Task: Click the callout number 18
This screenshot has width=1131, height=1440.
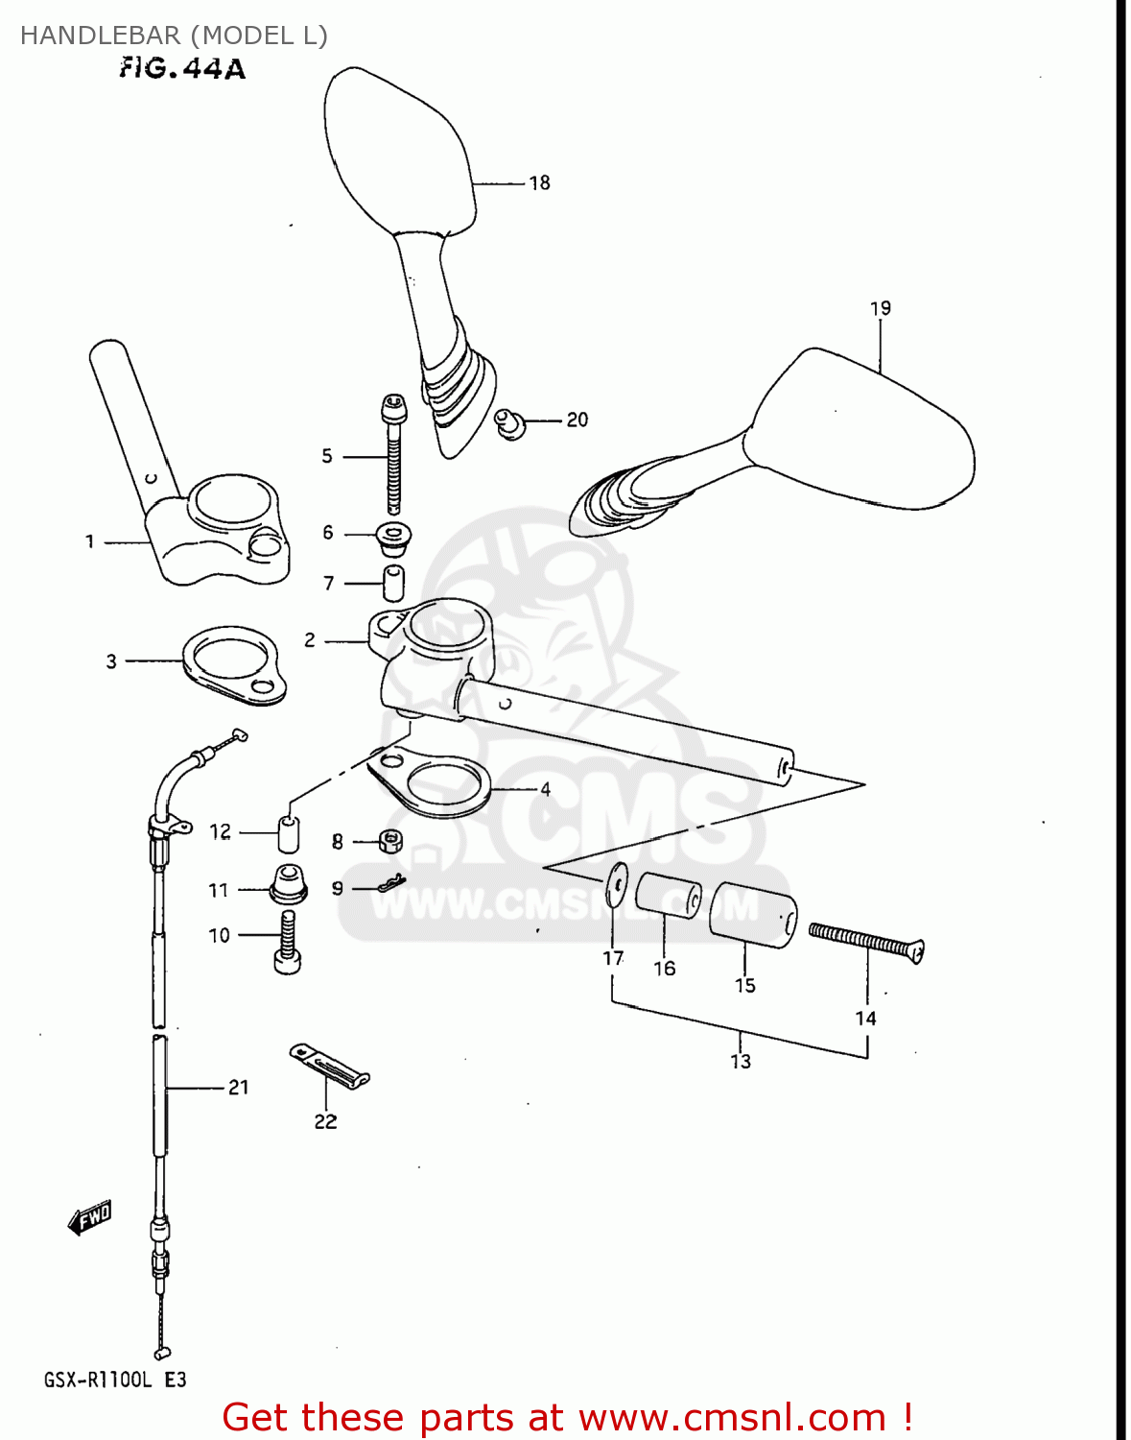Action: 539,182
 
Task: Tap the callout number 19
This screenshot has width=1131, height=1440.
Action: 880,308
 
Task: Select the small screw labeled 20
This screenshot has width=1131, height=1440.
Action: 510,422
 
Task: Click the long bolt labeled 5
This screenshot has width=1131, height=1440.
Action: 393,456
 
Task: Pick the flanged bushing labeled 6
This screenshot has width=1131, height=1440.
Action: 392,538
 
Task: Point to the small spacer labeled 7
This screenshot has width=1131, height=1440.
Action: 393,583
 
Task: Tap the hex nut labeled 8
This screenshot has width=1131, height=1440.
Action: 389,842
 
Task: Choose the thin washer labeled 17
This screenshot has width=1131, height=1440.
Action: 617,882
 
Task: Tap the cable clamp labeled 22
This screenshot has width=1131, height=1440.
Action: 329,1066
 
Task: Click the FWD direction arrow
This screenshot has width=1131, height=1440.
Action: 90,1218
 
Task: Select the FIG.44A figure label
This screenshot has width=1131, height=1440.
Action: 182,68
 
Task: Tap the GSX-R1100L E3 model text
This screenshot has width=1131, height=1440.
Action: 114,1380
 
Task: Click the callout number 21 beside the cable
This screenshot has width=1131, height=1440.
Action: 238,1087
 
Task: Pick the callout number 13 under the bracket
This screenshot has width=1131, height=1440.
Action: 740,1061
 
